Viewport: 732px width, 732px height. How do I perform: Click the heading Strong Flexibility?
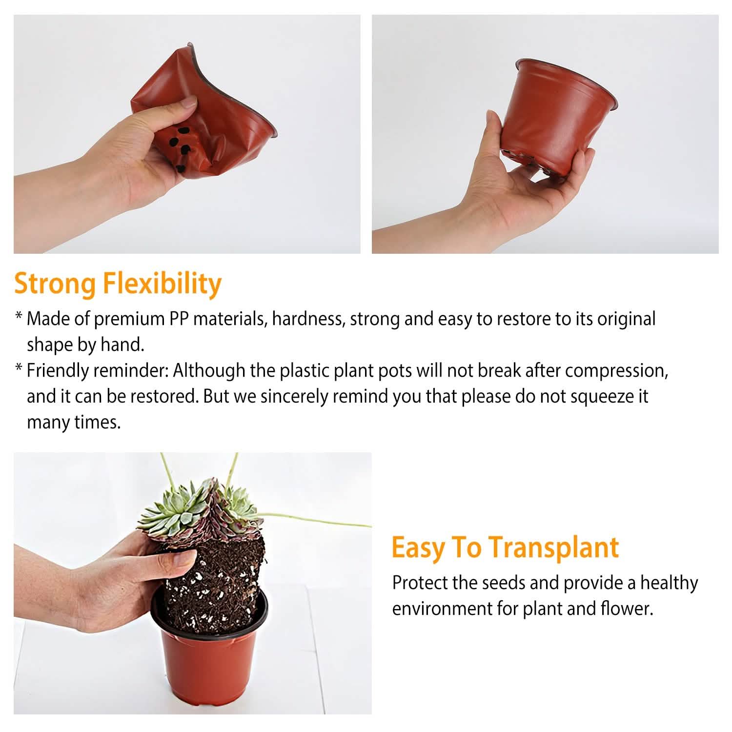118,284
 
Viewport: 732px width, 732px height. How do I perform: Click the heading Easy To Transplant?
505,547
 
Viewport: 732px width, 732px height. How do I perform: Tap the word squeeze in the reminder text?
601,396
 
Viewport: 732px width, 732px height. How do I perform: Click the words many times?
73,422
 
